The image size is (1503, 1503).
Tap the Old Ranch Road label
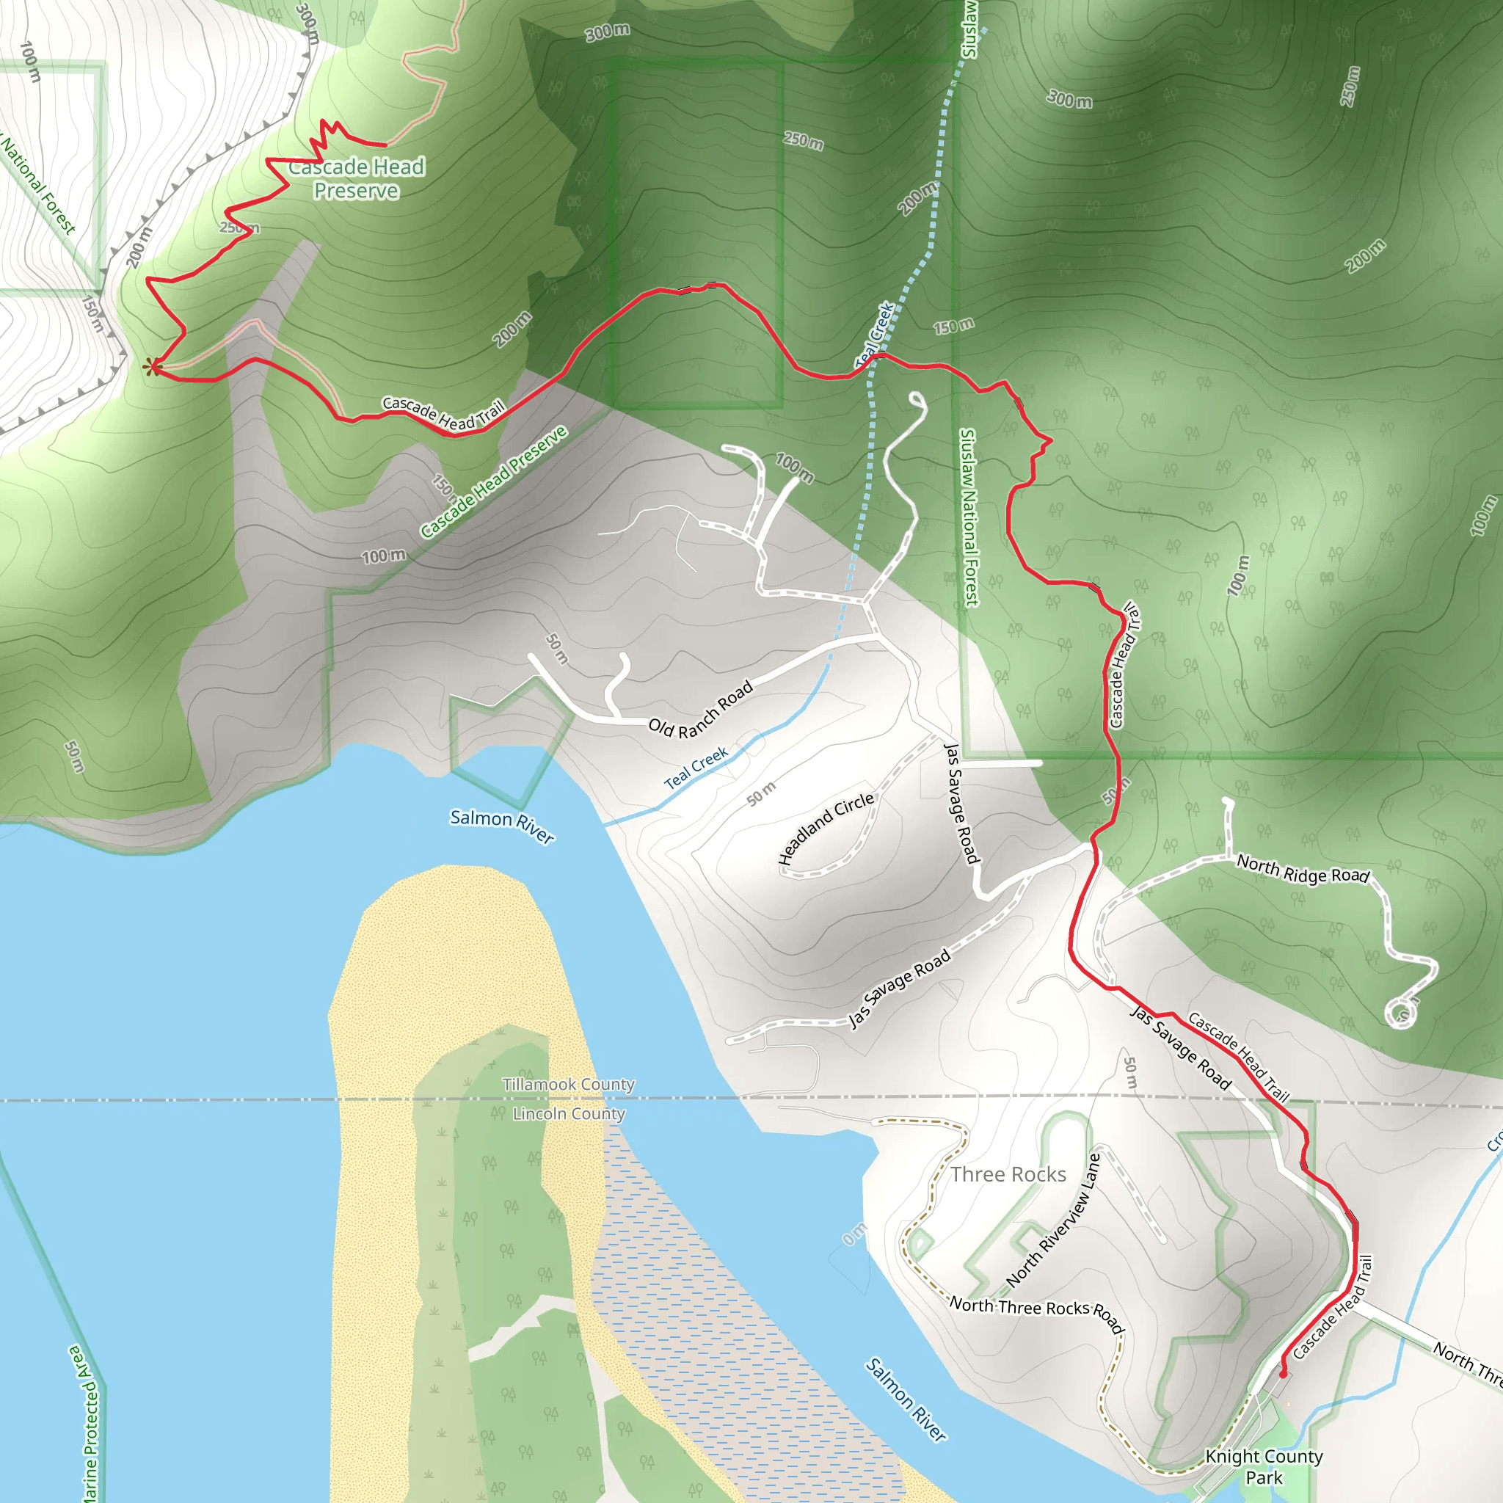click(701, 709)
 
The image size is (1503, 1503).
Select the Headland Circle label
click(826, 829)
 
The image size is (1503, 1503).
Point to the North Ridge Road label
click(1303, 870)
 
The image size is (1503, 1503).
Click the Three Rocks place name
click(1008, 1174)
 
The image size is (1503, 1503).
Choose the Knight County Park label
click(1264, 1466)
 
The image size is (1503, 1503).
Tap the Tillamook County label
click(569, 1085)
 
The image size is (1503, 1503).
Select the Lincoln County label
click(569, 1114)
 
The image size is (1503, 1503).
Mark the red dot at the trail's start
click(1283, 1374)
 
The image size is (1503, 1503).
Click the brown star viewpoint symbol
click(153, 367)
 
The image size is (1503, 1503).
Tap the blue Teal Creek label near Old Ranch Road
click(696, 768)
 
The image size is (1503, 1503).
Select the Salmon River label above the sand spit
click(503, 826)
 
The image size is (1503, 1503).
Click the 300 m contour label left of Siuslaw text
click(608, 32)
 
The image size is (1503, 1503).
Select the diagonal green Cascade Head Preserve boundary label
click(494, 482)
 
